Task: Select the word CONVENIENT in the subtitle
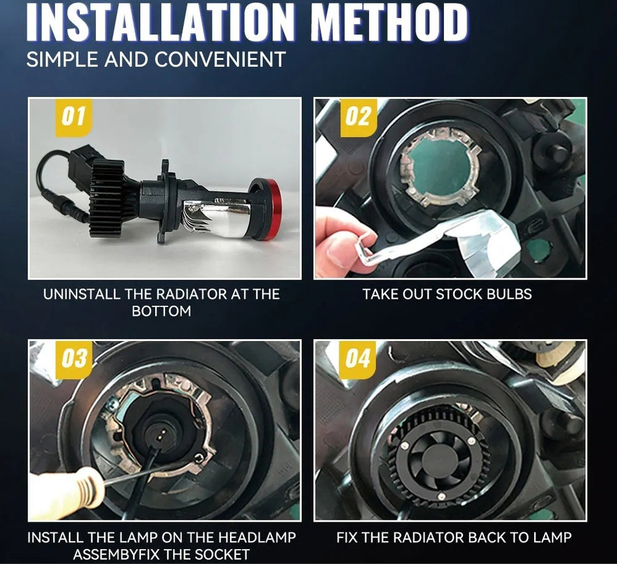coord(220,60)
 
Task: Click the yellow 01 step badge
coord(74,118)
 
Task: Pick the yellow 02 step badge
coord(358,118)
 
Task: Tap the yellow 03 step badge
coord(74,359)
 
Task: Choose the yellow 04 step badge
coord(357,359)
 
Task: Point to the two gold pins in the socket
coord(161,435)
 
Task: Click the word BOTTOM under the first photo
coord(161,311)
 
